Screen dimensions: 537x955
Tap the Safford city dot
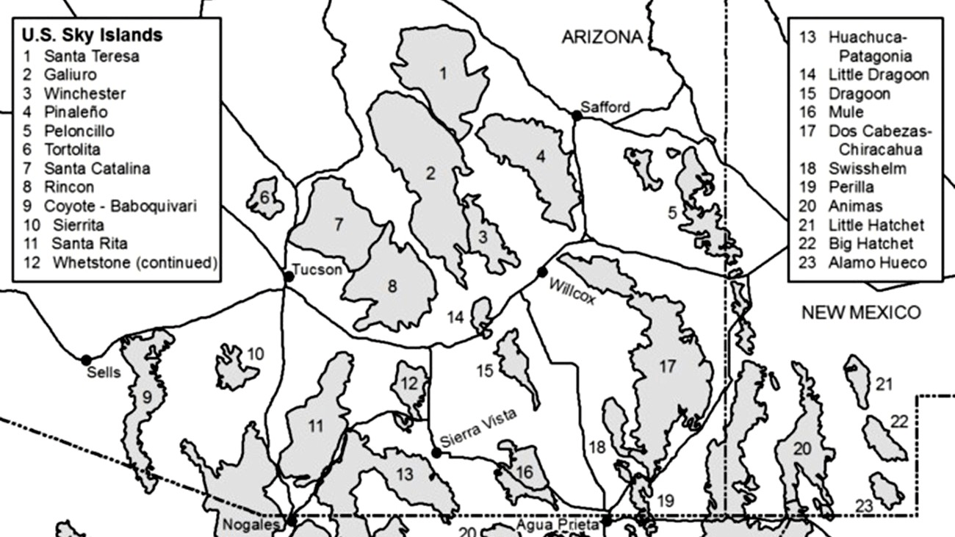click(577, 115)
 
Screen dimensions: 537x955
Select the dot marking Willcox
click(542, 273)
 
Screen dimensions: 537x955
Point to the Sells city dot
click(86, 360)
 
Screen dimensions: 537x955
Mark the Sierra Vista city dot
click(436, 453)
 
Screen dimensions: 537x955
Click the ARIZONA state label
click(602, 37)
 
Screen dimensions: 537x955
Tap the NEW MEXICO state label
click(860, 312)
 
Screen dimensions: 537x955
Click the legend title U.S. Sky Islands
click(92, 35)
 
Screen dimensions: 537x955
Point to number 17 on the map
click(666, 367)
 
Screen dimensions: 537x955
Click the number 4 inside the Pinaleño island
click(541, 156)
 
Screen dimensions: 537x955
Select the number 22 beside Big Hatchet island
click(900, 422)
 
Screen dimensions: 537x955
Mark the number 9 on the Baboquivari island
click(147, 397)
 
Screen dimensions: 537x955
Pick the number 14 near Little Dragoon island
click(455, 317)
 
